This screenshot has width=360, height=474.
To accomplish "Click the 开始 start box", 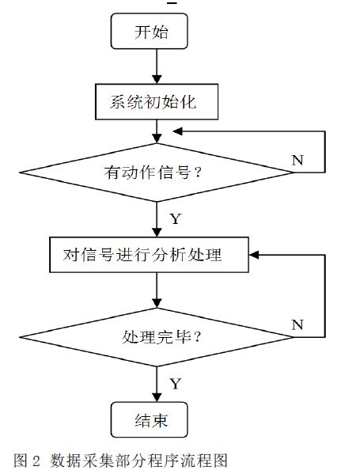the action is click(x=150, y=31).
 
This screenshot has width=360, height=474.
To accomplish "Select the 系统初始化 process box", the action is click(x=157, y=102).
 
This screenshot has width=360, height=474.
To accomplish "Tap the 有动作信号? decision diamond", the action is click(x=157, y=173).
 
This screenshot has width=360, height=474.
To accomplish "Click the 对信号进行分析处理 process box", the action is click(x=149, y=255).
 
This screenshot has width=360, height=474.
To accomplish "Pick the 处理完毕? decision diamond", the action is click(x=157, y=337).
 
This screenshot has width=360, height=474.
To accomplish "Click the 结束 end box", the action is click(x=150, y=419).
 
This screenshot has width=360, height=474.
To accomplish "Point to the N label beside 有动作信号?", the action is click(x=297, y=160).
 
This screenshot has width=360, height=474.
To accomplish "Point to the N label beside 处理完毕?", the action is click(x=297, y=324).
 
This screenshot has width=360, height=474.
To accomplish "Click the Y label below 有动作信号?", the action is click(x=176, y=218).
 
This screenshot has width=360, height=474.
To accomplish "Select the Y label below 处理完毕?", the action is click(x=176, y=384).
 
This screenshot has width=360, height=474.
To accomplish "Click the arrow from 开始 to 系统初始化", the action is click(x=157, y=66).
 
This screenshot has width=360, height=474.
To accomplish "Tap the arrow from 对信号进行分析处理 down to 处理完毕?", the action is click(x=157, y=290).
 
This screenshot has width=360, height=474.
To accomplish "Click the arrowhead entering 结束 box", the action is click(x=157, y=397).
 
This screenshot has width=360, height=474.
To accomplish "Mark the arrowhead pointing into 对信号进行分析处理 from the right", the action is click(x=254, y=255).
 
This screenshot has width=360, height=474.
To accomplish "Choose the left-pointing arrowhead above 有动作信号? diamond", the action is click(x=177, y=131).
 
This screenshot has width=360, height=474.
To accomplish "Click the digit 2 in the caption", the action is click(x=36, y=461).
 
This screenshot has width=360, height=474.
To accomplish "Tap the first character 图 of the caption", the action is click(x=21, y=461).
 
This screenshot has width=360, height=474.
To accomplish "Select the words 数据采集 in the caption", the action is click(x=83, y=461).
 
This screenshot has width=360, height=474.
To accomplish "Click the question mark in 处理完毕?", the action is click(x=197, y=336).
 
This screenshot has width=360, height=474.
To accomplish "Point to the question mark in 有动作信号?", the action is click(x=198, y=172).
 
